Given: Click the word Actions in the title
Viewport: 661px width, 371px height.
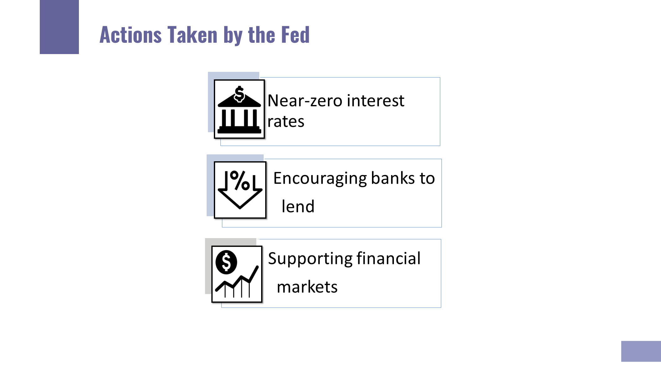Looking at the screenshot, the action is point(130,34).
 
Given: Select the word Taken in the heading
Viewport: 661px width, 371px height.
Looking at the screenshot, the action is point(192,34).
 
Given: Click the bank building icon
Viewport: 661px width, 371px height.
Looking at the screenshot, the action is point(239,109).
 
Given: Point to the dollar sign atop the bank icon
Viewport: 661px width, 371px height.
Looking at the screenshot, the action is point(240,93).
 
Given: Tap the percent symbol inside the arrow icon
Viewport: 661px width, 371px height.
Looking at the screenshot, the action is point(240,180).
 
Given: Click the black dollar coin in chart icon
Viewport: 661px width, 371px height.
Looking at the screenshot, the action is point(226,262).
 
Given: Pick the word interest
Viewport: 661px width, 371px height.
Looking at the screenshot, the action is point(376,101).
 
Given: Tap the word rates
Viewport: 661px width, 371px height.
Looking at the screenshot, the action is point(286,121).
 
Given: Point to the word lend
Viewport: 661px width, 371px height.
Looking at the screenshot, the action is point(298,206).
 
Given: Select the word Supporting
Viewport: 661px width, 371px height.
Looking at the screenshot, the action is point(310,259).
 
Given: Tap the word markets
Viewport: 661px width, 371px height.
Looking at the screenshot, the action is point(307,287).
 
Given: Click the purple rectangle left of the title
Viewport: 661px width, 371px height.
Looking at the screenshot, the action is point(59,27).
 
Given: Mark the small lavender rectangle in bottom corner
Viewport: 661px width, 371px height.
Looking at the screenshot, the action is point(641,351).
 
